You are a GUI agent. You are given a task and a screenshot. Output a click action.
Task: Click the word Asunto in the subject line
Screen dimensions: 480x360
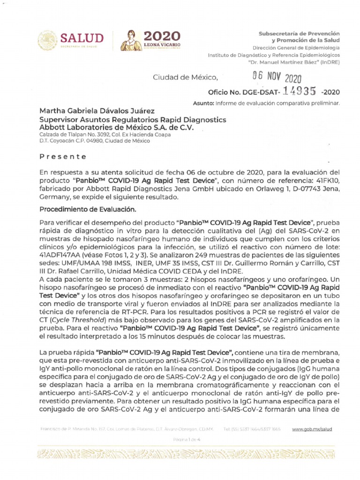202,103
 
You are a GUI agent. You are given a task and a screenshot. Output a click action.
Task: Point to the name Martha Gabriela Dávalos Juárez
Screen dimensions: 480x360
90,112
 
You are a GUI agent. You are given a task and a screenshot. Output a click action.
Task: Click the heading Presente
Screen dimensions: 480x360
62,157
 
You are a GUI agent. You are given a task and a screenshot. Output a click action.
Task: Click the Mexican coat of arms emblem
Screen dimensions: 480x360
47,40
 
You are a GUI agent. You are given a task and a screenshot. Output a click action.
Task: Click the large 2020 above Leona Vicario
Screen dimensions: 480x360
161,36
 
